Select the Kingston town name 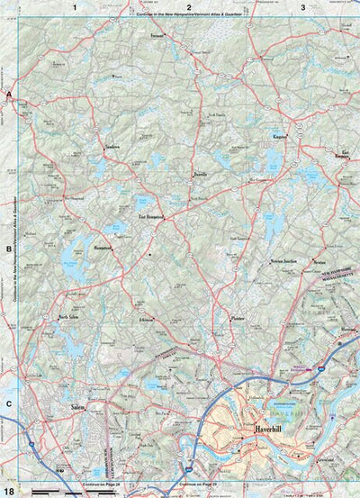point(279,138)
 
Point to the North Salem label point(70,318)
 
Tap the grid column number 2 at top point(189,7)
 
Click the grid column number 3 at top point(303,7)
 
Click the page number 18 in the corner point(9,490)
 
